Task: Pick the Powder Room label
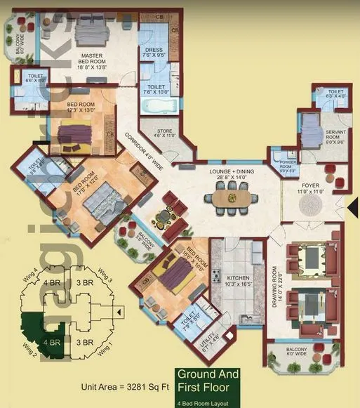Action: (x=288, y=166)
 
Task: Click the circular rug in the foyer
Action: (x=311, y=206)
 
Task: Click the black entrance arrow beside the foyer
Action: (x=352, y=205)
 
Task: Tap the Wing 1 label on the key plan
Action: (x=105, y=347)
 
